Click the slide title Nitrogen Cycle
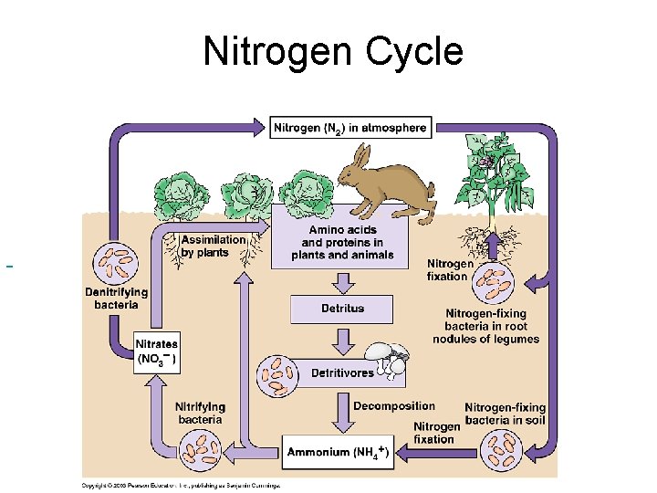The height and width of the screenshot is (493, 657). (333, 51)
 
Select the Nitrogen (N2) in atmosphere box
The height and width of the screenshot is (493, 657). (350, 128)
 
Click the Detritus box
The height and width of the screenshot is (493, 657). (342, 309)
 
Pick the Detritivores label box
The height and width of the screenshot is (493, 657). (342, 372)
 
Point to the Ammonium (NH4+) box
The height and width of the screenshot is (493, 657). (338, 452)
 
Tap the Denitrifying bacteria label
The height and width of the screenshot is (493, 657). (117, 298)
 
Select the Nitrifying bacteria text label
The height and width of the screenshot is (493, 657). (200, 413)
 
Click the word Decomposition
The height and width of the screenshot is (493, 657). (394, 406)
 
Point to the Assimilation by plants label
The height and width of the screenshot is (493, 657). (213, 246)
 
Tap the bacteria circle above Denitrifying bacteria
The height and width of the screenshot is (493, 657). (115, 260)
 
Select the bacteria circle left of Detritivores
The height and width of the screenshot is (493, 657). (277, 373)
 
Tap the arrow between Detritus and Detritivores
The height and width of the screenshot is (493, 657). (342, 341)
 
